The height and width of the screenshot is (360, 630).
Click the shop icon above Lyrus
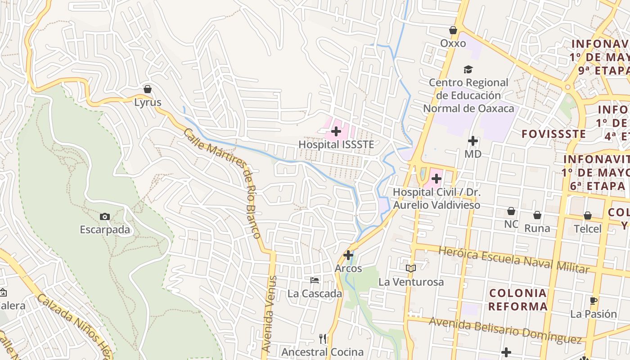pyautogui.click(x=148, y=89)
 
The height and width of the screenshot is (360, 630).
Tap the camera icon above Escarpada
pyautogui.click(x=105, y=216)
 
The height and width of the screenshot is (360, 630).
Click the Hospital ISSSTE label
pyautogui.click(x=337, y=144)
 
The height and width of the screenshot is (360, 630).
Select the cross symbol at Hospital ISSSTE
pyautogui.click(x=336, y=131)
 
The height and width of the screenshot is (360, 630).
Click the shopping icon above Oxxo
pyautogui.click(x=453, y=30)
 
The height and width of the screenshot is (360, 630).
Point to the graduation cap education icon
pyautogui.click(x=468, y=69)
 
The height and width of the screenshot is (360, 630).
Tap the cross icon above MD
pyautogui.click(x=472, y=141)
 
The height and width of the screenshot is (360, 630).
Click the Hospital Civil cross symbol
pyautogui.click(x=436, y=179)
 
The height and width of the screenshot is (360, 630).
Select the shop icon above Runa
pyautogui.click(x=537, y=215)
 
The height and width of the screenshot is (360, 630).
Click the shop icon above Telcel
pyautogui.click(x=588, y=216)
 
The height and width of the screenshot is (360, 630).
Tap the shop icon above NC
pyautogui.click(x=511, y=211)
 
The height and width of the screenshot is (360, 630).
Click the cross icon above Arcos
pyautogui.click(x=348, y=255)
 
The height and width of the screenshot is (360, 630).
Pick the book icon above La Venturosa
pyautogui.click(x=410, y=268)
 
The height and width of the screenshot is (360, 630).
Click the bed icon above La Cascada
pyautogui.click(x=315, y=280)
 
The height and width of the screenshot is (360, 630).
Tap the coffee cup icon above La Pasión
pyautogui.click(x=594, y=301)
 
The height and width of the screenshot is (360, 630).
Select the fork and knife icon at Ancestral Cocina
pyautogui.click(x=323, y=338)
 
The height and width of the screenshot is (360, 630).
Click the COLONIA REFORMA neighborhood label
pyautogui.click(x=518, y=300)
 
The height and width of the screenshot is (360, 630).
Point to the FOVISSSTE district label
pyautogui.click(x=553, y=134)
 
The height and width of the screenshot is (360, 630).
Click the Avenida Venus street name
pyautogui.click(x=268, y=314)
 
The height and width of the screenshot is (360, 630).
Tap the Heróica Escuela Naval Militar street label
pyautogui.click(x=513, y=260)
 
